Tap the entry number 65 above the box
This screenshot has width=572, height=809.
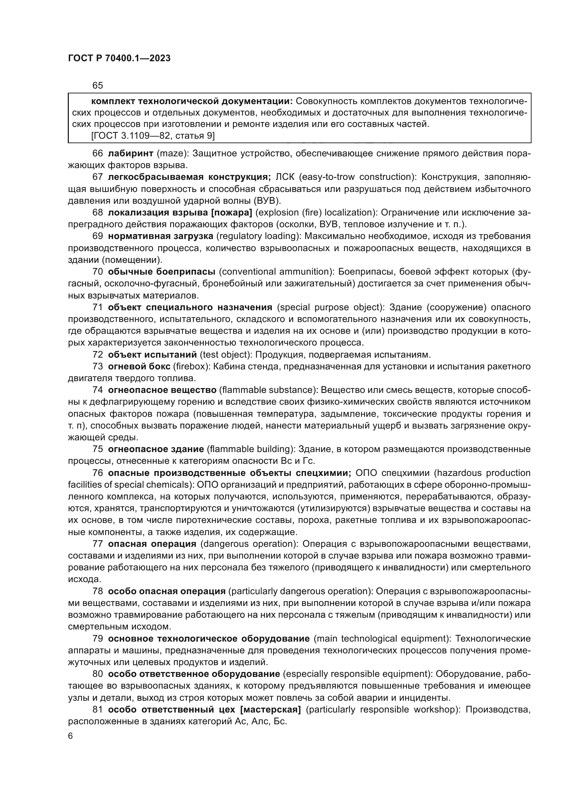click(x=98, y=85)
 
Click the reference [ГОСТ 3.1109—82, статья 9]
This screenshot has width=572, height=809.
click(x=153, y=136)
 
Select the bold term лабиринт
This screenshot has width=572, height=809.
click(x=130, y=153)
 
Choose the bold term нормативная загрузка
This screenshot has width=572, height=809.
click(x=160, y=236)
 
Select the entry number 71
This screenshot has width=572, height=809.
click(x=98, y=307)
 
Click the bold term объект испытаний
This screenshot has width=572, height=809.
click(x=152, y=355)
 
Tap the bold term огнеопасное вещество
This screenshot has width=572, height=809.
click(x=162, y=390)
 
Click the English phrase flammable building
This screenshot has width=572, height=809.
click(x=251, y=449)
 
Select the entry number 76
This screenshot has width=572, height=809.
click(x=98, y=473)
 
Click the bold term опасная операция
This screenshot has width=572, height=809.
click(x=152, y=544)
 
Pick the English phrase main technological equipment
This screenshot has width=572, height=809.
click(x=382, y=638)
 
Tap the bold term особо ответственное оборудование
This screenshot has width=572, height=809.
click(x=194, y=674)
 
